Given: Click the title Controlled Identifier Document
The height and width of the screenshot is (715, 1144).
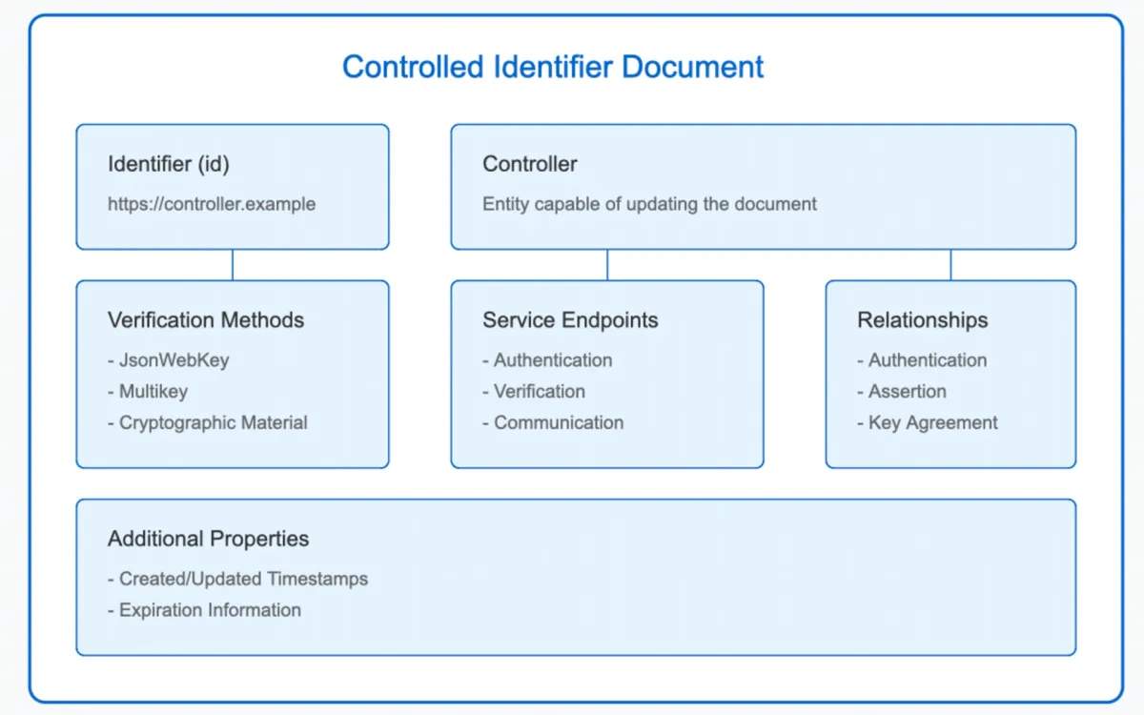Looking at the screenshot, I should [553, 68].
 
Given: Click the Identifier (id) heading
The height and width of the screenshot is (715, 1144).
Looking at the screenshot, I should [169, 164].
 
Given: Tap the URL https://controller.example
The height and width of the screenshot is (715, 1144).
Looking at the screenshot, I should [212, 204].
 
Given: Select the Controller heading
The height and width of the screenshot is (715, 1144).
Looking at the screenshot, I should [530, 164].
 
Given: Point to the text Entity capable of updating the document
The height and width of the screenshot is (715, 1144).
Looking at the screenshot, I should [649, 204].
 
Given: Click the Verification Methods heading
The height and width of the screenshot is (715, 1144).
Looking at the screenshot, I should [206, 320].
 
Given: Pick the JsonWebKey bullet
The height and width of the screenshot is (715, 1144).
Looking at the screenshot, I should [174, 360].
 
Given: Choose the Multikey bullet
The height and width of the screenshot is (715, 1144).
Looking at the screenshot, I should [153, 392].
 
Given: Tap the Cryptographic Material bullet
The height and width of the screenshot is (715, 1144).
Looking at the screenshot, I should [213, 422].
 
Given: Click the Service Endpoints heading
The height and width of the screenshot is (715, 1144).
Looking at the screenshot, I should [570, 320].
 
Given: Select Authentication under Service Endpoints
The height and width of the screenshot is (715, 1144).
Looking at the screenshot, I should [553, 360].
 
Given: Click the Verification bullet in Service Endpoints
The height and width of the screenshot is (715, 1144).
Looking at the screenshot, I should [540, 392].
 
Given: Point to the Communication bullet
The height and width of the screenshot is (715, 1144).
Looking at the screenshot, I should [559, 422].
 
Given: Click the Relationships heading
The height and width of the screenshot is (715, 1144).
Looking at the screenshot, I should [923, 320].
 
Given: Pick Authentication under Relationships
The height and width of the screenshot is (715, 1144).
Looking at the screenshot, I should [928, 360].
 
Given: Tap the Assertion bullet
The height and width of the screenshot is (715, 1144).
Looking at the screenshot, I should [908, 392].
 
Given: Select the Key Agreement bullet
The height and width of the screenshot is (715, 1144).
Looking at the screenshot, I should [933, 422].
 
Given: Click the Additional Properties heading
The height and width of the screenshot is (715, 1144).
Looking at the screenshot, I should [209, 539].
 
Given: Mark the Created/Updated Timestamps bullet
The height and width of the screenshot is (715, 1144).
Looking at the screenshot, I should [243, 579].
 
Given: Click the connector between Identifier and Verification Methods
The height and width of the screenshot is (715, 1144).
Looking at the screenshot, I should [233, 265].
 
